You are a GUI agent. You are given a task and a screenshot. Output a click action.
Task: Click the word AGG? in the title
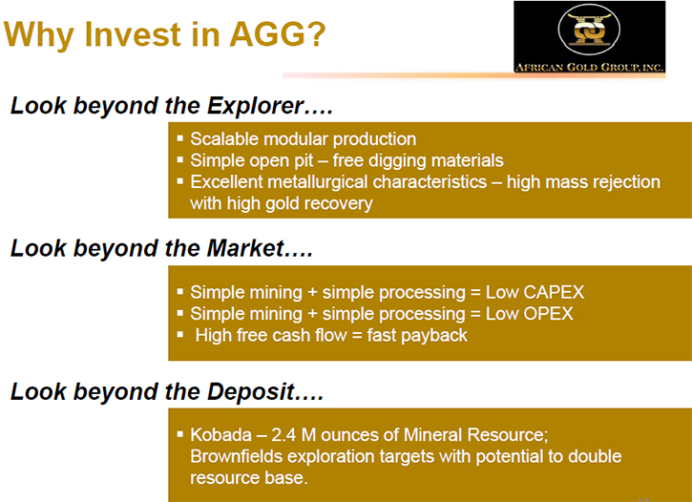(x=277, y=34)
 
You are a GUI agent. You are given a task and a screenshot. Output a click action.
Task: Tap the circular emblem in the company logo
(x=589, y=30)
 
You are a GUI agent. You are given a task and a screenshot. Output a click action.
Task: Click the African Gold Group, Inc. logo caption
(x=590, y=67)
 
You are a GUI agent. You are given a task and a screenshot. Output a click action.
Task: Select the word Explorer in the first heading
(x=256, y=106)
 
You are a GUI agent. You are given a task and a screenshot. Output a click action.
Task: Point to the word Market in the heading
(x=245, y=248)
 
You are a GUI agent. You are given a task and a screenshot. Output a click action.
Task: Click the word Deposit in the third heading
(x=251, y=391)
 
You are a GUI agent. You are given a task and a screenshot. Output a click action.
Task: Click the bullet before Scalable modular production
(x=179, y=138)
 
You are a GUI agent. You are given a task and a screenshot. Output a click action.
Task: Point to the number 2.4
(x=283, y=435)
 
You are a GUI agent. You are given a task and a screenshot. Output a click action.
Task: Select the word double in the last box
(x=595, y=456)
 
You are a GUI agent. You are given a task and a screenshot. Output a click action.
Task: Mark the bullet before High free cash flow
(x=179, y=334)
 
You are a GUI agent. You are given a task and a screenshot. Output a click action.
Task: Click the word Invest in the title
(x=133, y=34)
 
